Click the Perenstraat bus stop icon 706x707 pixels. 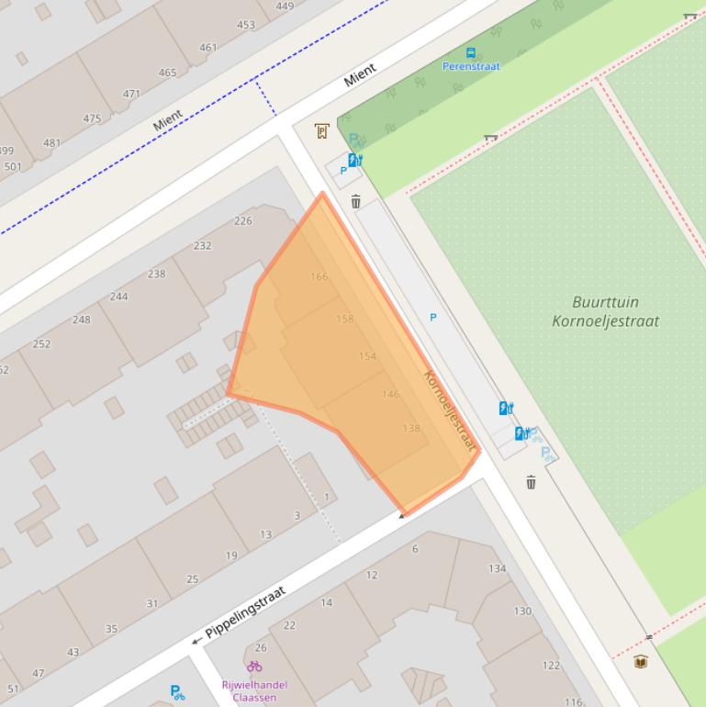tap(471, 53)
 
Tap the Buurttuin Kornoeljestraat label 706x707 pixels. tap(605, 311)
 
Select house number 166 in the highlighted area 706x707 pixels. tap(319, 276)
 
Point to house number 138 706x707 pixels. tap(411, 429)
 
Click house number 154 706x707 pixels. tap(367, 356)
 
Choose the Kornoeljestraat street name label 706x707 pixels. tap(450, 410)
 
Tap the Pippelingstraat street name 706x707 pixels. tap(245, 612)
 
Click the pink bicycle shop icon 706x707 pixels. tap(254, 667)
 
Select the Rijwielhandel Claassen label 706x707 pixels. tap(254, 690)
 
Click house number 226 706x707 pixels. tap(242, 220)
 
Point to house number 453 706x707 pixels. tap(246, 25)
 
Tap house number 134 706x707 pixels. tap(497, 568)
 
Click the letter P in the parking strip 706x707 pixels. tap(433, 318)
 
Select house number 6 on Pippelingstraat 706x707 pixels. tap(415, 549)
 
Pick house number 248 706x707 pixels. tap(82, 320)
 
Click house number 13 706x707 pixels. tap(265, 534)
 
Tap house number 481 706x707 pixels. tap(51, 142)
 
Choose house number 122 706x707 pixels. tap(551, 666)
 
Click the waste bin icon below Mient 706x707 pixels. tap(356, 202)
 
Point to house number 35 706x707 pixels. tap(111, 629)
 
